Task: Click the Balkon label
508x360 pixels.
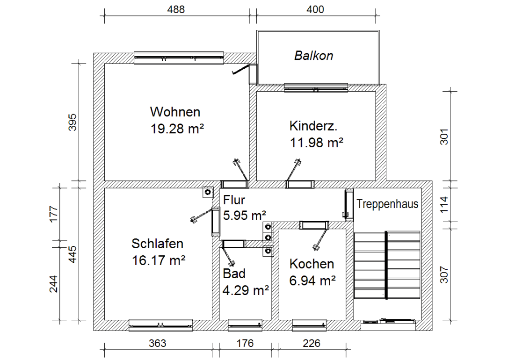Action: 313,56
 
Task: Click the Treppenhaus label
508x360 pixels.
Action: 387,204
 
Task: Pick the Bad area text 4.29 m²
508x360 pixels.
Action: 246,290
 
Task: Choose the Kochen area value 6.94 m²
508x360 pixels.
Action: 313,281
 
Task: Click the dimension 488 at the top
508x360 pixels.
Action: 176,9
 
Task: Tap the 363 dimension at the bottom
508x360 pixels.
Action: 157,344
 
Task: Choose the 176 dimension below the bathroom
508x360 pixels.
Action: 244,344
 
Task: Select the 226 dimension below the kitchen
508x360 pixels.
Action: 312,344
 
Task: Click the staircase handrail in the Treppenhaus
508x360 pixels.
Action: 386,265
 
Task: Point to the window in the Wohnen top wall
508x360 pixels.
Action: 179,58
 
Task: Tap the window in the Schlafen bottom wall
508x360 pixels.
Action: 160,324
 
